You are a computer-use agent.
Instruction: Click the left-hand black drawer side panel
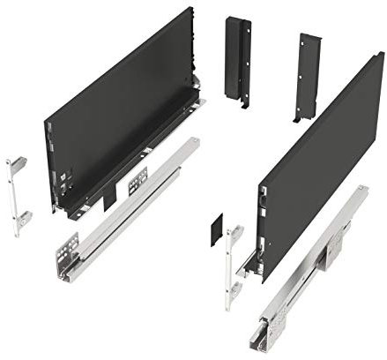click(x=115, y=115)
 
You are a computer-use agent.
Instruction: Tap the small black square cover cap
click(x=218, y=232)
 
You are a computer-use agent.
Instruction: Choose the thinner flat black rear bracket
click(x=308, y=76)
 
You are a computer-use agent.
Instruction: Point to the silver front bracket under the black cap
click(x=233, y=265)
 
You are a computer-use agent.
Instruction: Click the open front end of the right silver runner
click(x=269, y=332)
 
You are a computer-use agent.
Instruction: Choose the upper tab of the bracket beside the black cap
click(x=235, y=233)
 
